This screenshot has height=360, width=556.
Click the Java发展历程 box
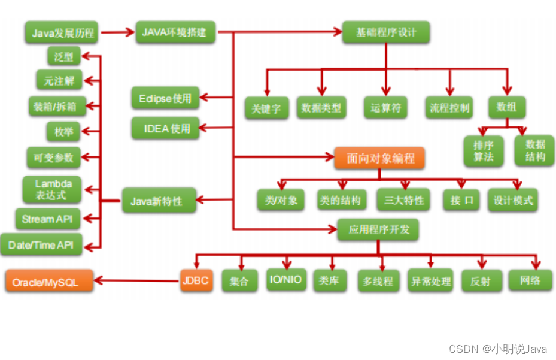click(x=62, y=32)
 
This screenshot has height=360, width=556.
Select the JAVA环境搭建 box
click(x=174, y=32)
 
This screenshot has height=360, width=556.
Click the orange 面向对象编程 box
click(x=379, y=158)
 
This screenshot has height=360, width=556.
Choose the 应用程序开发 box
click(x=378, y=229)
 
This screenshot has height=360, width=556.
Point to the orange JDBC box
click(x=196, y=280)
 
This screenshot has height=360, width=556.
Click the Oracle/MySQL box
click(x=50, y=281)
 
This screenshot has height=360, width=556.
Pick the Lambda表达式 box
click(x=50, y=189)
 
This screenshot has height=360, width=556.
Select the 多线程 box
click(x=378, y=281)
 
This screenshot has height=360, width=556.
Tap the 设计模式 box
click(x=513, y=200)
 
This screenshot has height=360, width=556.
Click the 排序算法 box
click(x=483, y=150)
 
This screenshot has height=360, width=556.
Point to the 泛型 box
click(x=63, y=57)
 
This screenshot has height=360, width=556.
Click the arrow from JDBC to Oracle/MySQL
click(x=138, y=280)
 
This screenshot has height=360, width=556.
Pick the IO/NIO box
click(x=286, y=280)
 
